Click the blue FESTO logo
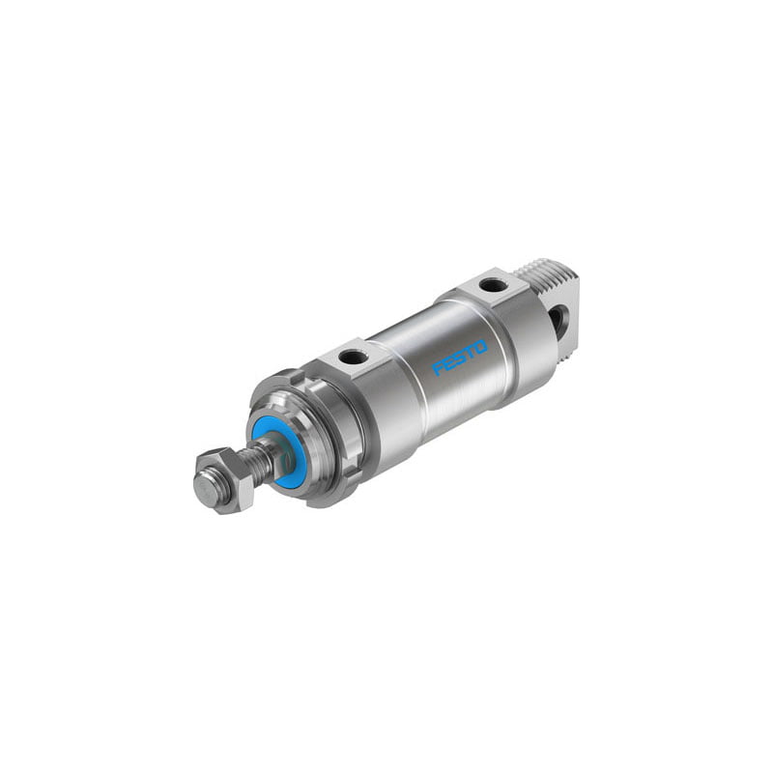[x=460, y=358]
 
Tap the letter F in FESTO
[x=438, y=369]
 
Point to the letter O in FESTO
[x=480, y=347]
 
